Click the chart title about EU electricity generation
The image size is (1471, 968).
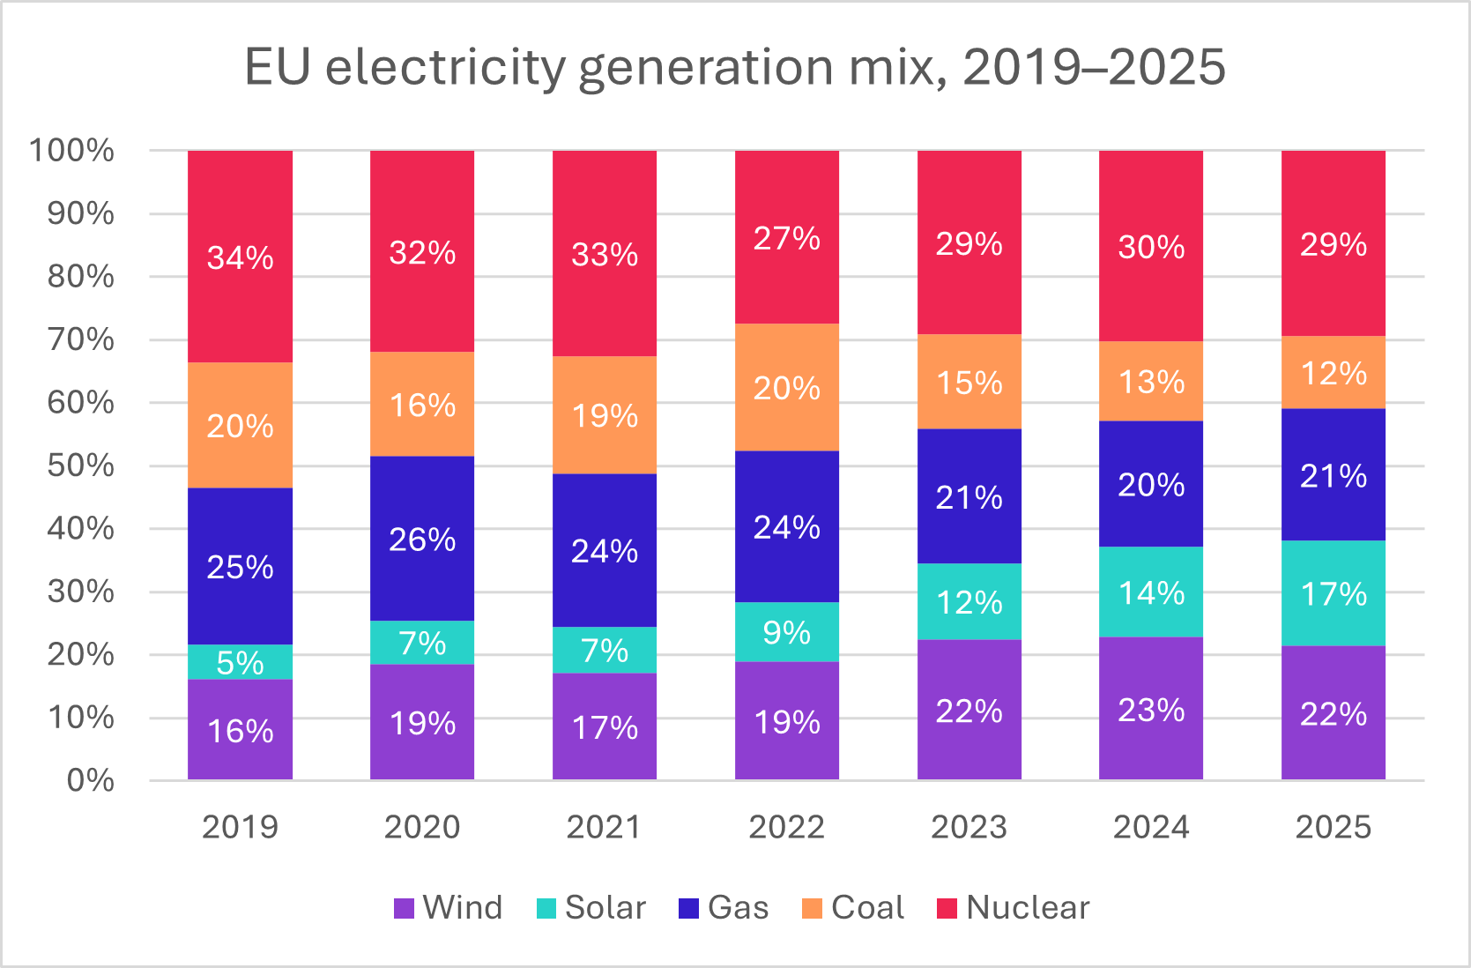[734, 67]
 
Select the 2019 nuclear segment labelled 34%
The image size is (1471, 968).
[240, 257]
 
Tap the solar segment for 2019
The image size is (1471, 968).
[240, 662]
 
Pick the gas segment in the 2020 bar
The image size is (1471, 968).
[422, 539]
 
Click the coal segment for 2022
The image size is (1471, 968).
[787, 388]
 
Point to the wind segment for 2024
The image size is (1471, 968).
[1151, 709]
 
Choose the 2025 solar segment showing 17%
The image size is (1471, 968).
[1334, 593]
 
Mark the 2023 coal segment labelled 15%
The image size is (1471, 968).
[970, 382]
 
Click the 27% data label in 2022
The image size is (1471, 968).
[787, 238]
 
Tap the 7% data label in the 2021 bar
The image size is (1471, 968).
[605, 651]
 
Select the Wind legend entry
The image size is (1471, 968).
[449, 907]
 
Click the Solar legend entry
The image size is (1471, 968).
[591, 907]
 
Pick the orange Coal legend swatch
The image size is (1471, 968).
[813, 908]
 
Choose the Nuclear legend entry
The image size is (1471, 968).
[1014, 907]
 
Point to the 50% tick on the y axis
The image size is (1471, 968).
[80, 465]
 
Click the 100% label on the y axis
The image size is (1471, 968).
[71, 151]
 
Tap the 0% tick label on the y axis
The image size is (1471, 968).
[90, 780]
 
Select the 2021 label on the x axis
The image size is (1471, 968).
[605, 827]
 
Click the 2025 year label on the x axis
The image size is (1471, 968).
[1334, 827]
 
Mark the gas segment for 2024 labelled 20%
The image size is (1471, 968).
[1151, 484]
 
